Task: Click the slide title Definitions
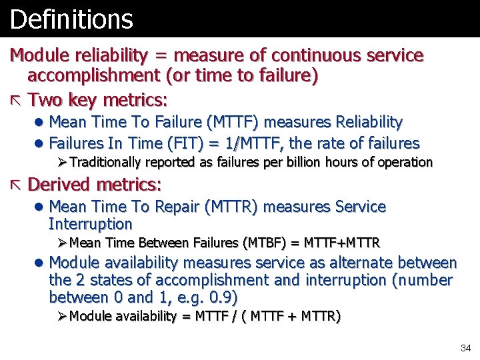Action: point(71,19)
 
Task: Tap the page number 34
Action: point(465,348)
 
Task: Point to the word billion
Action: point(301,162)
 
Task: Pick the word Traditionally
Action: point(105,162)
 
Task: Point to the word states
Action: point(111,280)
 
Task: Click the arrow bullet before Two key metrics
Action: point(16,101)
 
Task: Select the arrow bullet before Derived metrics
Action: point(16,184)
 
